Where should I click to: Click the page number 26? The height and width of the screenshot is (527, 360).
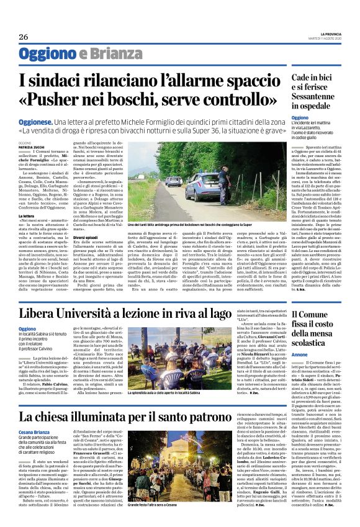click(x=24, y=37)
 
